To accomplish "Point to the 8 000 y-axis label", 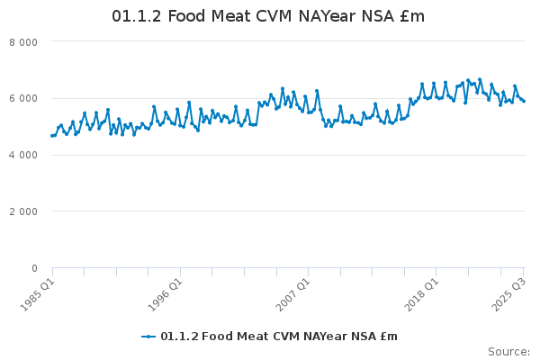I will coord(22,42).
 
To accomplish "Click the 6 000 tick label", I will coord(22,99).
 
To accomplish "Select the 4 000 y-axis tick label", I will coord(22,155).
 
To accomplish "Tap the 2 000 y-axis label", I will coord(22,211).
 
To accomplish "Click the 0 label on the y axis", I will coord(33,268).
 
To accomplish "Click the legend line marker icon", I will coord(149,337).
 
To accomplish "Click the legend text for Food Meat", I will coord(279,337).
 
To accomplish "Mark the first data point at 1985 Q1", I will coord(52,136).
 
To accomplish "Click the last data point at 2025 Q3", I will coord(524,102).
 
